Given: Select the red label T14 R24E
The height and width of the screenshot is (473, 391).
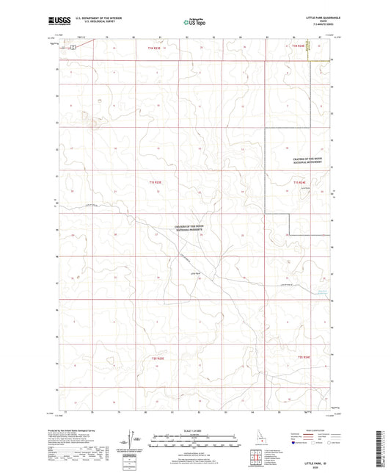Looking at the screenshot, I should click(x=298, y=46).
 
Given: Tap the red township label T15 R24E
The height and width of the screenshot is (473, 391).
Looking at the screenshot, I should click(x=299, y=180).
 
